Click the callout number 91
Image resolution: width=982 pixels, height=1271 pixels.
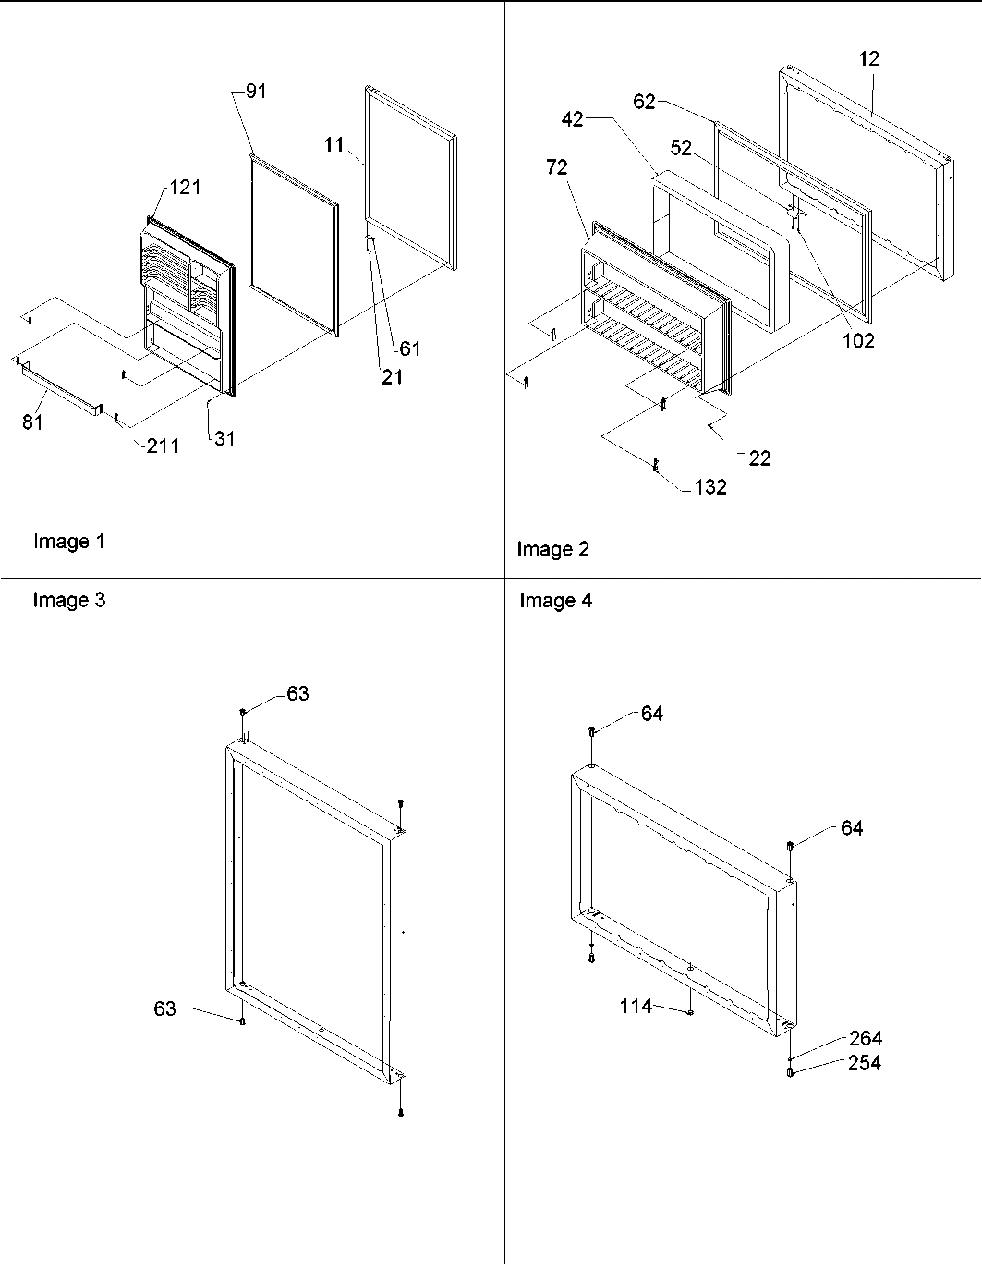click(x=256, y=92)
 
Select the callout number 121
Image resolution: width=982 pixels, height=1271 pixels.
click(x=184, y=188)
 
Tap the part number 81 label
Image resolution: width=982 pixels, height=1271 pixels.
click(x=32, y=424)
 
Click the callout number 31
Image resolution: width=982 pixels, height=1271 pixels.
click(x=224, y=439)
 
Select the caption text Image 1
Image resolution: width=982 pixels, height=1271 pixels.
click(x=69, y=542)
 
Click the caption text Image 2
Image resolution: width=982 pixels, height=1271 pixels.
click(x=552, y=550)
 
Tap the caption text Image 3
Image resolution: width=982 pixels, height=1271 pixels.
click(x=69, y=601)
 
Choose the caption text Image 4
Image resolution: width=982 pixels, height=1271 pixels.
click(x=555, y=601)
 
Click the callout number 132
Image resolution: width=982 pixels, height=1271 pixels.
click(x=710, y=487)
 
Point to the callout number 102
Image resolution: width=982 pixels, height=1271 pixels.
click(x=856, y=341)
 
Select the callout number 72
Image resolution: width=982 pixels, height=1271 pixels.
click(x=556, y=167)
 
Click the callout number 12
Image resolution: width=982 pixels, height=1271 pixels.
click(x=868, y=58)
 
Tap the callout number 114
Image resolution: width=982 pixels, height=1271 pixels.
click(x=636, y=1007)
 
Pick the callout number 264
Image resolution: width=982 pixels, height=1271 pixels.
click(x=865, y=1039)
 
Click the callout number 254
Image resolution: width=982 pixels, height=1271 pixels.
click(x=865, y=1063)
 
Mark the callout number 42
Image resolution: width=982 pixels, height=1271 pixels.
click(x=573, y=119)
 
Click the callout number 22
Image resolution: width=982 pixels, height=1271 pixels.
click(x=759, y=458)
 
